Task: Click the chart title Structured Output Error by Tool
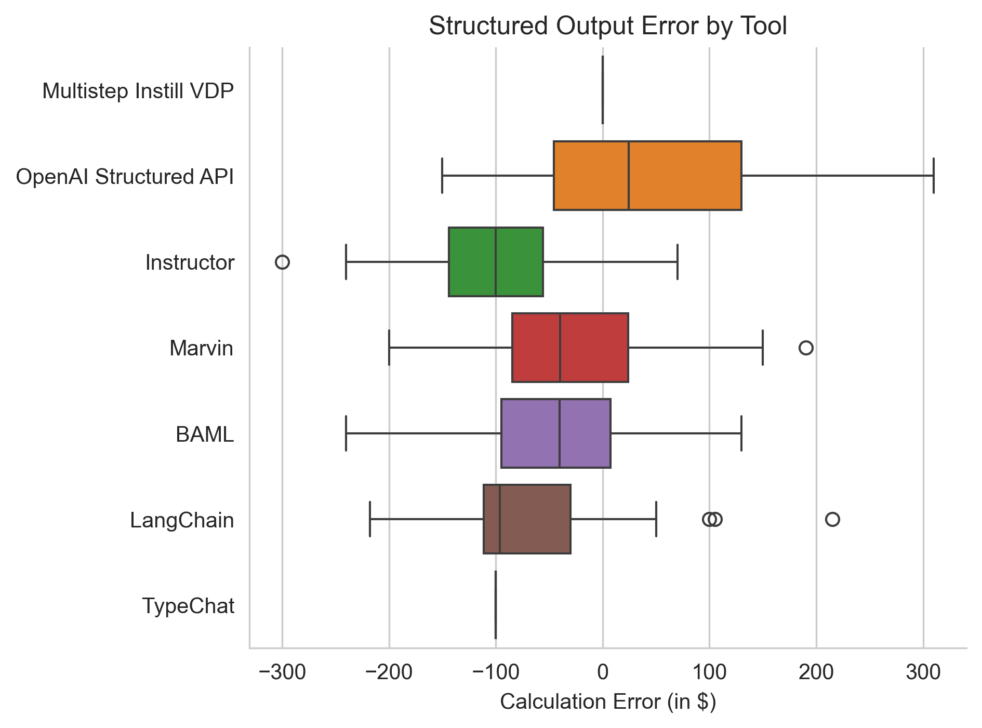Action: coord(607,26)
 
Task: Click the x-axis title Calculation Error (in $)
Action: coord(607,701)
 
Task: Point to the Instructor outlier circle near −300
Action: coord(282,262)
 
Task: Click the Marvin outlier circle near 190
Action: coord(805,348)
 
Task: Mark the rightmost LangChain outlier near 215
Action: coord(832,519)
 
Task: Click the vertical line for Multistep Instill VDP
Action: coord(602,90)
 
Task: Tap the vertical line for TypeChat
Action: coord(496,605)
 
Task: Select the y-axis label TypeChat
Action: coord(188,606)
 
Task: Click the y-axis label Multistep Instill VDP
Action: coord(138,91)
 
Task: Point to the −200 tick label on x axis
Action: coord(389,672)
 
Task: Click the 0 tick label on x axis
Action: coord(603,672)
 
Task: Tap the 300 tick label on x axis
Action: coord(923,672)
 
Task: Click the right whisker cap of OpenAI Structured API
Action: coord(933,176)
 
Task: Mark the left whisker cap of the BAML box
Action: coord(346,433)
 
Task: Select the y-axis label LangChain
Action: coord(182,520)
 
